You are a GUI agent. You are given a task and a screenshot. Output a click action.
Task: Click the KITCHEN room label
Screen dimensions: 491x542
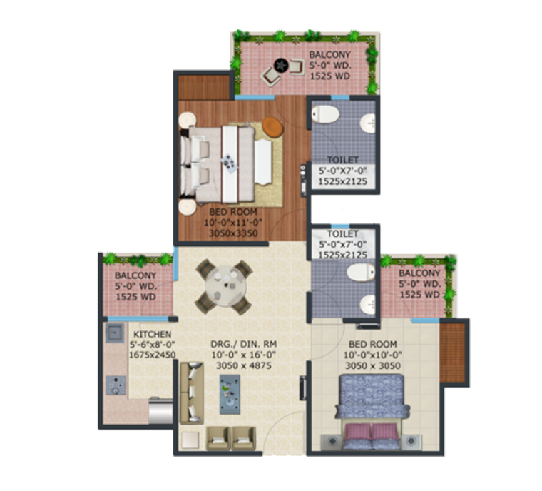coord(152,334)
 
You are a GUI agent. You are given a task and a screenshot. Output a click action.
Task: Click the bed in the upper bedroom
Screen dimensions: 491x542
coord(218,160)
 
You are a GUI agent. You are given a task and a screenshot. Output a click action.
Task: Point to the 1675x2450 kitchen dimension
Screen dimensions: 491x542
coord(152,354)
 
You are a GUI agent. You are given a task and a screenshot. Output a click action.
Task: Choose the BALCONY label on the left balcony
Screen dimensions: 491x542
coord(134,275)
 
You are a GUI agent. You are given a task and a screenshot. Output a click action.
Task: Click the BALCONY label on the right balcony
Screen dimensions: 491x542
coord(419,274)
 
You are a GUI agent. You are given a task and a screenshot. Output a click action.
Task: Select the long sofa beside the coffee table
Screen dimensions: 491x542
coord(192,393)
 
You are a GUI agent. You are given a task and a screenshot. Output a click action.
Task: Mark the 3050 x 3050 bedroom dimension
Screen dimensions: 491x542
coord(372,366)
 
